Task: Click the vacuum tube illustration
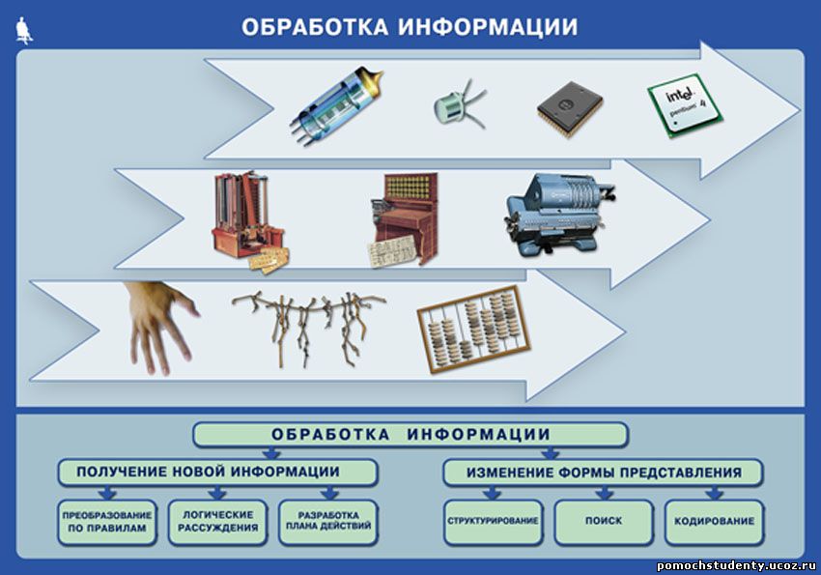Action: (x=336, y=104)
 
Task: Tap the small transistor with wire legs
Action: (x=457, y=104)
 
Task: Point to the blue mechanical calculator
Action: (x=559, y=215)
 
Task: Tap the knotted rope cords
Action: (x=309, y=325)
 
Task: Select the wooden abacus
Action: (x=474, y=329)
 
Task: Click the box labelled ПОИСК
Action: (x=604, y=522)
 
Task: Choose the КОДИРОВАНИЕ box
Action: (x=714, y=522)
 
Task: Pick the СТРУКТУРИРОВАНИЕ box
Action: (x=493, y=522)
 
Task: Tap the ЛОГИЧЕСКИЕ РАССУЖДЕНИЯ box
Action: (x=218, y=522)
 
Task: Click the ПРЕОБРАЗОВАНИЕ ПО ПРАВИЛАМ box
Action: (x=107, y=522)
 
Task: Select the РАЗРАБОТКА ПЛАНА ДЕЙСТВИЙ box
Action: (x=328, y=522)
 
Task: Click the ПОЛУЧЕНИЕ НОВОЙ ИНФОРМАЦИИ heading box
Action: (x=217, y=473)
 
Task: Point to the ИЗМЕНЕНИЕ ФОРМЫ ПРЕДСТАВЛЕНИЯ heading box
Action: (x=603, y=473)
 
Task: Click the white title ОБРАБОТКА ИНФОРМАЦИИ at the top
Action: (x=410, y=27)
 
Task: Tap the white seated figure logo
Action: (x=23, y=30)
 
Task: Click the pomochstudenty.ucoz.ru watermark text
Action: (x=736, y=565)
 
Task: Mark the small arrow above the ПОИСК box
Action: (x=604, y=493)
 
